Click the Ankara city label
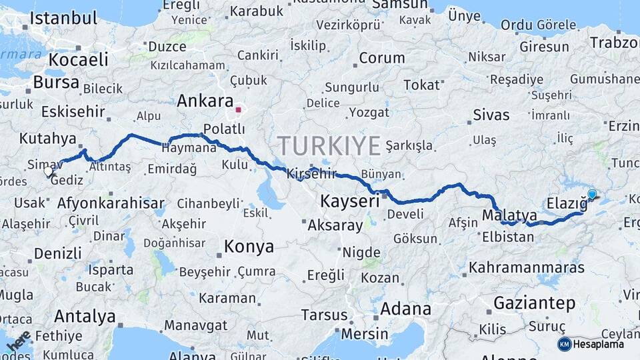coord(204,101)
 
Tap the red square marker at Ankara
coord(238,109)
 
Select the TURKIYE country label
coord(329,145)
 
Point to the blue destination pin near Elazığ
coord(591,195)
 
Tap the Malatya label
coord(509,215)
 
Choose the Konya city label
coord(249,246)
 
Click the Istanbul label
coord(64,18)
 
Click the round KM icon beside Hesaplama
coord(564,344)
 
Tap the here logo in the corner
coord(18,341)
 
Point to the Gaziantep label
coord(534,303)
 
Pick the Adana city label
coord(405,309)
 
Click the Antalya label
coord(85,315)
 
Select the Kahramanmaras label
coord(527,267)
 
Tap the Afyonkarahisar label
coord(111,203)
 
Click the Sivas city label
coord(491,115)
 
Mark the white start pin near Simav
coord(48,171)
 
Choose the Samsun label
coord(398,5)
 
